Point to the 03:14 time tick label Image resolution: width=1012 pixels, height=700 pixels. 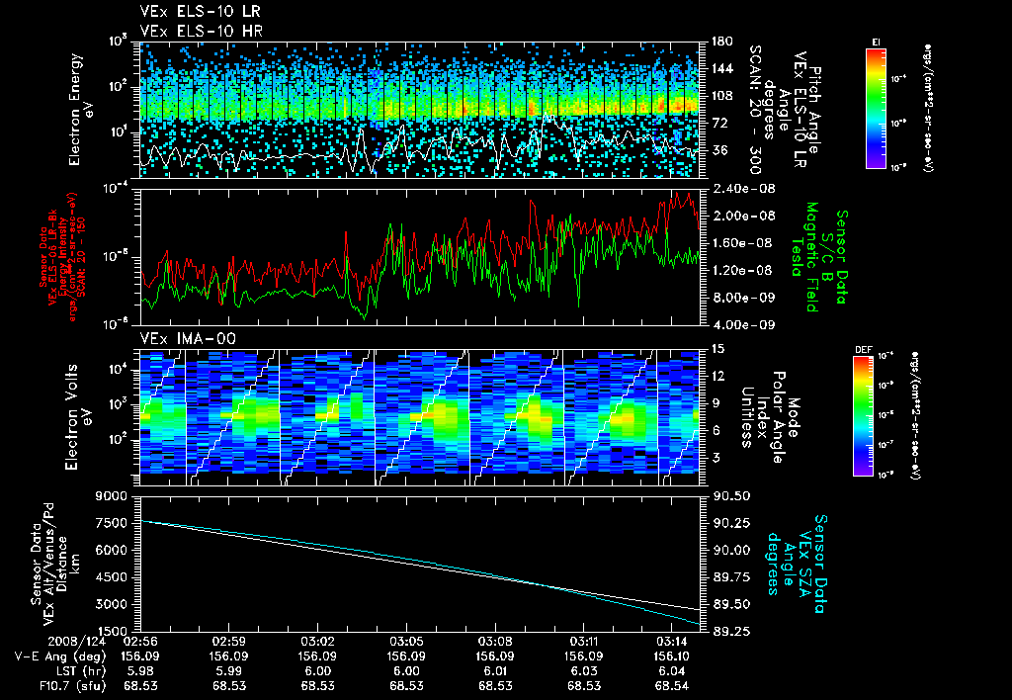pos(673,641)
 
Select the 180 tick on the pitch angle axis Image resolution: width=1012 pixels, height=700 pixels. pos(719,42)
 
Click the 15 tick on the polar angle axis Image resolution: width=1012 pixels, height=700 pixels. pos(715,349)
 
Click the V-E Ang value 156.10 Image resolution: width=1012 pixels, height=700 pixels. pos(673,656)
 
